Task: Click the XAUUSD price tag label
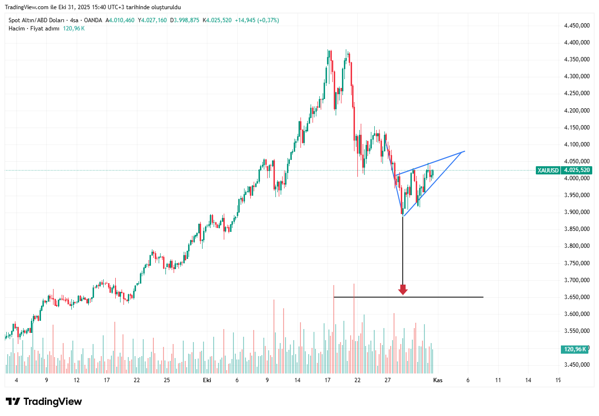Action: pos(548,170)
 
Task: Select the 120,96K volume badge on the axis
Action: pos(574,349)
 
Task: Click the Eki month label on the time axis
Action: pos(207,380)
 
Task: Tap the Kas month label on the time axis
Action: pos(438,380)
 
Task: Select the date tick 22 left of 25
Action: pos(137,380)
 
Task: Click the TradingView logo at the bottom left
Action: pos(44,402)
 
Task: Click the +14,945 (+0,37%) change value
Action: pos(257,20)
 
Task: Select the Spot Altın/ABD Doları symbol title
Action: pos(37,20)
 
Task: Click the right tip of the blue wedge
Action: pos(464,152)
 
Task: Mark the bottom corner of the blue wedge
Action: pos(403,215)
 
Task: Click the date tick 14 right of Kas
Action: pos(528,380)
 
